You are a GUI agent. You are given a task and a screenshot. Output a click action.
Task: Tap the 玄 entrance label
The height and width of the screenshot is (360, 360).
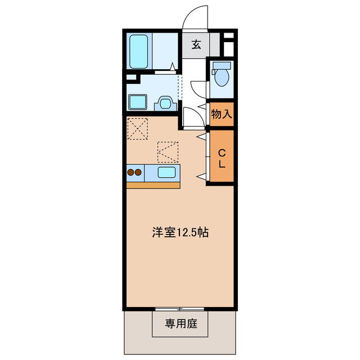(x=196, y=45)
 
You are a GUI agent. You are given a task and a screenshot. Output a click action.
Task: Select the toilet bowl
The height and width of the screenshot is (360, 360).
(x=221, y=78)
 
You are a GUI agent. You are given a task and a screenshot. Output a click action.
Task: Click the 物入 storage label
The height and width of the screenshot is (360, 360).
(x=221, y=114)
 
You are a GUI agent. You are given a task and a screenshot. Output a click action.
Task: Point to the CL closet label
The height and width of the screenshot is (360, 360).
(x=221, y=158)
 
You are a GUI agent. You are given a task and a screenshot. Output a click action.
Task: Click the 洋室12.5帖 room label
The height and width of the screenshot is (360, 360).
(x=181, y=232)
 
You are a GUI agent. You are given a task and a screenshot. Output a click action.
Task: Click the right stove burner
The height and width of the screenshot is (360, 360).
(x=138, y=173)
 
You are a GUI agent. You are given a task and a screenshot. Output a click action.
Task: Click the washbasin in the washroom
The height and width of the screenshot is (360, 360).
(x=165, y=102)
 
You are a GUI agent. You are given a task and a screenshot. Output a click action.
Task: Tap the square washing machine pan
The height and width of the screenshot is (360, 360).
(x=137, y=102)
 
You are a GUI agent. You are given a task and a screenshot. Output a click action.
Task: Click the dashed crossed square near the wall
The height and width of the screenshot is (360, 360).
(x=138, y=128)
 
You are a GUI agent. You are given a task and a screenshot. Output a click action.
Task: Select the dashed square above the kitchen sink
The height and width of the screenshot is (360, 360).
(x=168, y=151)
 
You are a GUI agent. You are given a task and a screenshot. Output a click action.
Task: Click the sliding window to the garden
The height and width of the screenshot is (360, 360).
(x=179, y=309)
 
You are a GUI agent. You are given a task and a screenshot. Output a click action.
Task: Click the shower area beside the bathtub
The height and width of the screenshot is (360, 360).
(x=165, y=51)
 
